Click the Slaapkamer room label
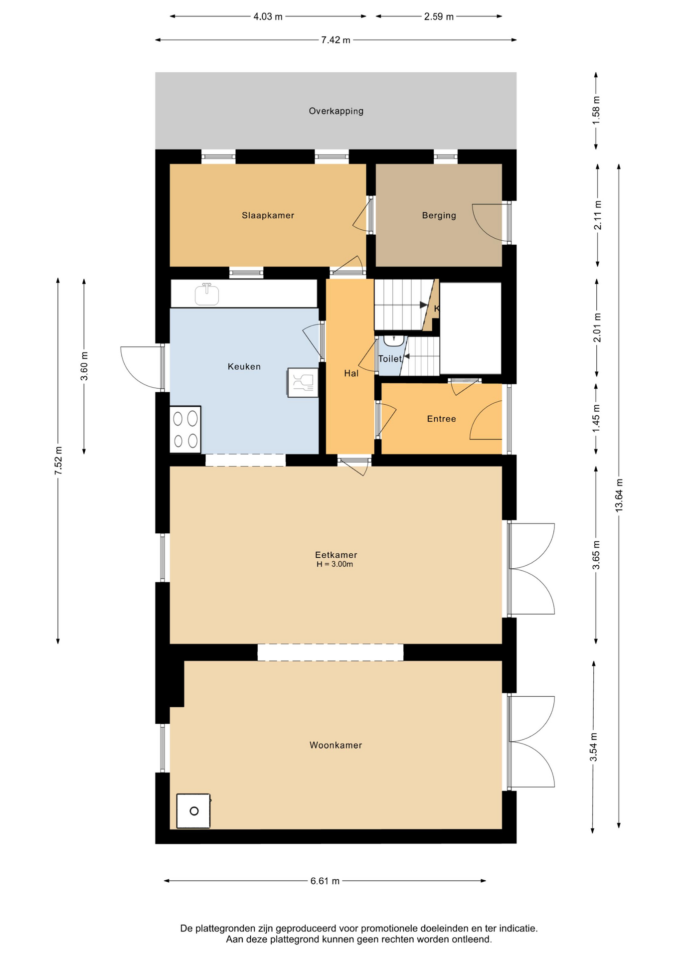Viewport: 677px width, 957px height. tap(268, 215)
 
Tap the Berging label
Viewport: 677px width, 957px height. tap(439, 215)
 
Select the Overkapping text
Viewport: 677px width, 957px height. tap(336, 111)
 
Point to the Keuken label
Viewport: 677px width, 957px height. tap(244, 366)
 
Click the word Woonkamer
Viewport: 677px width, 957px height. tap(336, 745)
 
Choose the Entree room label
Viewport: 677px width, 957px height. tap(441, 419)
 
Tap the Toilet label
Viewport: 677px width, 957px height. tap(390, 359)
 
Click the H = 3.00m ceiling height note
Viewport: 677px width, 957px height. tap(335, 564)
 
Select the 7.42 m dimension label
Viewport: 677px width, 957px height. tap(336, 40)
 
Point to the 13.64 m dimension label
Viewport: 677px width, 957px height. tap(619, 495)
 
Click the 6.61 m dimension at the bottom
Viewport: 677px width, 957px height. tap(325, 881)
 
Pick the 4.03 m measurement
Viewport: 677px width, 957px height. tap(268, 17)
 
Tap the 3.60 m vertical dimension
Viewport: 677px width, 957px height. tap(84, 366)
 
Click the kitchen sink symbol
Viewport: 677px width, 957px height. tap(207, 294)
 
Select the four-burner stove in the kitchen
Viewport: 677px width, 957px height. tap(185, 430)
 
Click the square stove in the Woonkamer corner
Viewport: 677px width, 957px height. tap(193, 811)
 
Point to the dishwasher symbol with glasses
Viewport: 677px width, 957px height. tap(303, 383)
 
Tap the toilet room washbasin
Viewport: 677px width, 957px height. tap(394, 340)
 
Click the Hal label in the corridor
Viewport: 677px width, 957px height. tap(351, 373)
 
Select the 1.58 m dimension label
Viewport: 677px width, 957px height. tap(596, 110)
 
